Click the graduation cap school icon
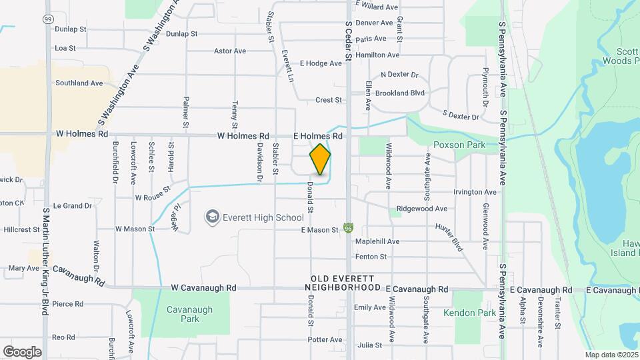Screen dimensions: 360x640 click(212, 217)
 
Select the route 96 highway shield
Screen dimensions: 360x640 click(348, 229)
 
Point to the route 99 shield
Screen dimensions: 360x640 click(47, 19)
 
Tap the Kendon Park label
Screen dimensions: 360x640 click(469, 313)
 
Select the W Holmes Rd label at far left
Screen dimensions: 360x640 click(82, 134)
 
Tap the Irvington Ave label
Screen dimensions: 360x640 click(475, 192)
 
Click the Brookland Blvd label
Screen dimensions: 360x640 click(400, 93)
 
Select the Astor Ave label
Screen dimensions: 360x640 click(230, 51)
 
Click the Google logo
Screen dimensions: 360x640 click(22, 352)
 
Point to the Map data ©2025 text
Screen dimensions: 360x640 click(611, 355)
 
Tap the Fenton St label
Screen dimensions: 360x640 click(371, 257)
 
